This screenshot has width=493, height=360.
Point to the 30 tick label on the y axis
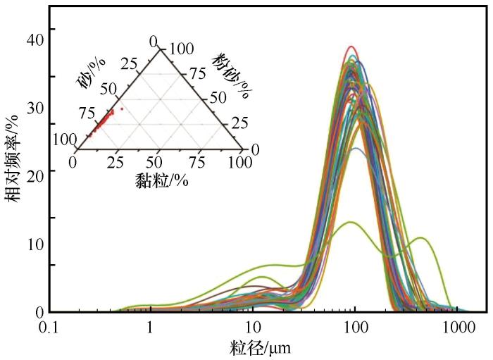35,108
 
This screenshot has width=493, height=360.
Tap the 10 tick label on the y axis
35,244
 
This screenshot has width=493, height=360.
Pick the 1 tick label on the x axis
150,328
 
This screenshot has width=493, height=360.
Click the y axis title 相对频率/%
13,160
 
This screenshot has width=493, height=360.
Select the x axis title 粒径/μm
260,348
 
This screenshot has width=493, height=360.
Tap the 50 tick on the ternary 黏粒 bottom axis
158,162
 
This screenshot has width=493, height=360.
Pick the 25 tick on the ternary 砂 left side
127,66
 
